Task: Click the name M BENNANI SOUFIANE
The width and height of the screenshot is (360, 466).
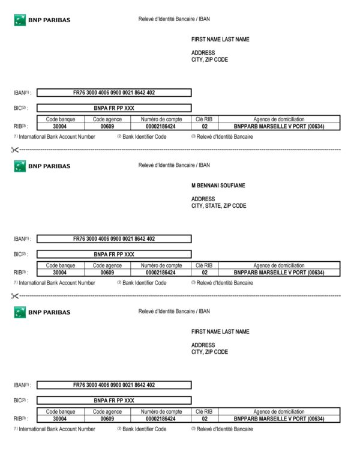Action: pyautogui.click(x=218, y=186)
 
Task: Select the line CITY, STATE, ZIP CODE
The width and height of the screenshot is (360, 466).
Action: pyautogui.click(x=218, y=206)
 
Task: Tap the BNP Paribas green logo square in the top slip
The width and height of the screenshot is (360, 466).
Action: pyautogui.click(x=20, y=20)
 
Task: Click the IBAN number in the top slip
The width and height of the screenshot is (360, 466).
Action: pyautogui.click(x=114, y=93)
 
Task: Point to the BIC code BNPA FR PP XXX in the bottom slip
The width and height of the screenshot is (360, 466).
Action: pyautogui.click(x=114, y=400)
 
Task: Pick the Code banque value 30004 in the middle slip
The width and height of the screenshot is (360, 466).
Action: pyautogui.click(x=60, y=273)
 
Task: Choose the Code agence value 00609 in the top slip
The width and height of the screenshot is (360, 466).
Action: pyautogui.click(x=107, y=127)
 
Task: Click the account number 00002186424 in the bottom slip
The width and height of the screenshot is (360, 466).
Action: pyautogui.click(x=161, y=419)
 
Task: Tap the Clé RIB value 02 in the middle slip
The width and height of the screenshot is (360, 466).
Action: pyautogui.click(x=205, y=273)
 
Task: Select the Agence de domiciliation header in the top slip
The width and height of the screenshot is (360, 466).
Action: pyautogui.click(x=279, y=120)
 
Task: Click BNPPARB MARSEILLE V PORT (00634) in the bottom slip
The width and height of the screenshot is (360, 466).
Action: pyautogui.click(x=279, y=419)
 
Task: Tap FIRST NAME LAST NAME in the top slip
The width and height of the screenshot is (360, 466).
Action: pyautogui.click(x=220, y=40)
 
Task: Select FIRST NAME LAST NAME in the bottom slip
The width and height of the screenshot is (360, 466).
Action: pyautogui.click(x=220, y=332)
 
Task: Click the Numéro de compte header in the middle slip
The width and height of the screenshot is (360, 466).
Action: pyautogui.click(x=161, y=265)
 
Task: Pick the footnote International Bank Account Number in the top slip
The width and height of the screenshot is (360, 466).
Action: pyautogui.click(x=56, y=137)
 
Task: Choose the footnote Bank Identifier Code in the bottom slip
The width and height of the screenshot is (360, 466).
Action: pyautogui.click(x=144, y=429)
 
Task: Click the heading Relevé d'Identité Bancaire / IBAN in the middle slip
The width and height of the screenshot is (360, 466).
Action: pyautogui.click(x=174, y=166)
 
